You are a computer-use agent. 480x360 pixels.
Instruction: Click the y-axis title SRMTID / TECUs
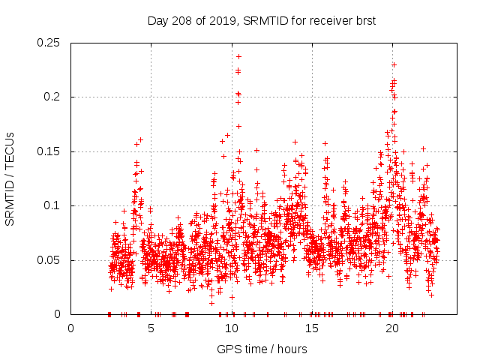pos(10,178)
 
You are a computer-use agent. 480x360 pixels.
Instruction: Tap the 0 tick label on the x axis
pos(70,328)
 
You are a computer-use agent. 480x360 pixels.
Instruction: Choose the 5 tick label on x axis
pos(151,328)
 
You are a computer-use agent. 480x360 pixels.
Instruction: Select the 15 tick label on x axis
pos(311,328)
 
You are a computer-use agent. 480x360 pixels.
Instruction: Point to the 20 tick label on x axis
pos(391,328)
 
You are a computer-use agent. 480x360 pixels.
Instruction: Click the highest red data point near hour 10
pos(238,56)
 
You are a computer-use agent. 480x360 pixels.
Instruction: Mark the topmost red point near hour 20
pos(394,64)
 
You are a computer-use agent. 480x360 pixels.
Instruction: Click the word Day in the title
pos(157,21)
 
